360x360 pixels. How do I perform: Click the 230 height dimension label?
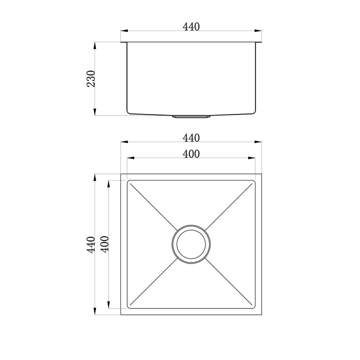click(x=91, y=79)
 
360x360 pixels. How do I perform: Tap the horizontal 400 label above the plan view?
click(x=191, y=154)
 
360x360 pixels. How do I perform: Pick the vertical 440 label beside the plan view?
click(x=90, y=245)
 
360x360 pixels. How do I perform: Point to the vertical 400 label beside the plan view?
click(x=104, y=245)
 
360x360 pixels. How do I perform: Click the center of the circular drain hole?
click(x=191, y=244)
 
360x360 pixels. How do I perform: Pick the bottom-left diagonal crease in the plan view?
click(x=152, y=284)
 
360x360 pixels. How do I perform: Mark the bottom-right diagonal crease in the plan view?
click(x=230, y=284)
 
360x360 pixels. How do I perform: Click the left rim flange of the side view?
click(x=124, y=43)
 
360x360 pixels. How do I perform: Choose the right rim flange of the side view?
click(x=258, y=43)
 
